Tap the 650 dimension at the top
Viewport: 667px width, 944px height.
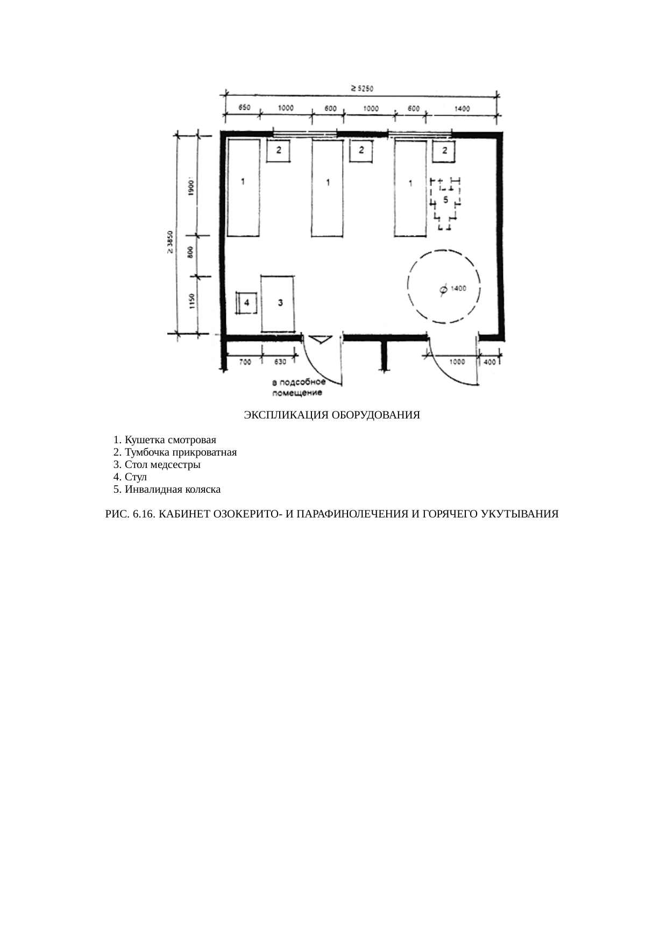point(244,108)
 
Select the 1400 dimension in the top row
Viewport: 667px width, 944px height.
point(462,108)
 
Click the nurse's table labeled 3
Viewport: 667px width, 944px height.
point(278,304)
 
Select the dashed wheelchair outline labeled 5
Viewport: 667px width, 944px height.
point(445,204)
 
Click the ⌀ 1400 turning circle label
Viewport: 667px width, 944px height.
point(452,289)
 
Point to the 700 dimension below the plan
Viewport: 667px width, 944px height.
point(244,362)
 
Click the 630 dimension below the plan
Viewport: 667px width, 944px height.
point(280,362)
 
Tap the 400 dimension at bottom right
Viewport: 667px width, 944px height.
point(490,362)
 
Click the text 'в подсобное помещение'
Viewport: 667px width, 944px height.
point(299,388)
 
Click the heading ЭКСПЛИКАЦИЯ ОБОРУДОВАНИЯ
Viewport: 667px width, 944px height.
point(332,416)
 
